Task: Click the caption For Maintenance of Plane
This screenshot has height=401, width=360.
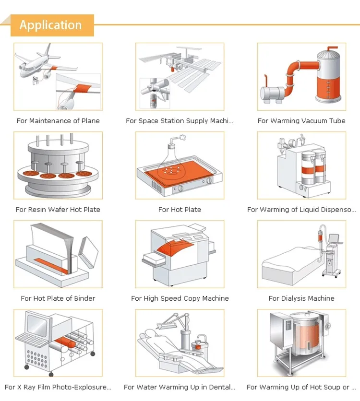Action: tap(58, 121)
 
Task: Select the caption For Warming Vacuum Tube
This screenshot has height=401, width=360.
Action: tap(301, 121)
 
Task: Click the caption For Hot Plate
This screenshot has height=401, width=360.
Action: tap(180, 210)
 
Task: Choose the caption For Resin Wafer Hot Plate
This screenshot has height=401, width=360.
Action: tap(58, 210)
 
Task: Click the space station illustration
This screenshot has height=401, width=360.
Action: tap(180, 72)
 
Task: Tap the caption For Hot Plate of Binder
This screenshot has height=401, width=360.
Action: tap(58, 298)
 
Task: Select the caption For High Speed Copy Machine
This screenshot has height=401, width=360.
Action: tap(180, 298)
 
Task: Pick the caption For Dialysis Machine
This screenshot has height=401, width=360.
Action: tap(301, 298)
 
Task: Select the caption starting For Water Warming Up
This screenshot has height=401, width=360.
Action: tap(180, 387)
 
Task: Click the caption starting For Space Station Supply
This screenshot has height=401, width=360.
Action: tap(180, 121)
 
